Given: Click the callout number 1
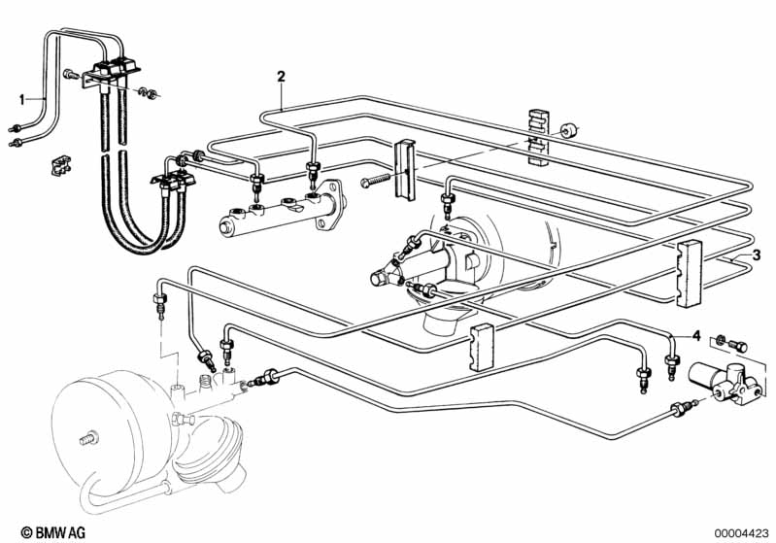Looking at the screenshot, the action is (x=21, y=100).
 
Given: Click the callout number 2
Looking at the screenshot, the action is (x=281, y=77).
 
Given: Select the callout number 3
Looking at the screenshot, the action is (x=756, y=255).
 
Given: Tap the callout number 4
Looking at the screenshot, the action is (x=696, y=336).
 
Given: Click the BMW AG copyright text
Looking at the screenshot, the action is (x=53, y=532).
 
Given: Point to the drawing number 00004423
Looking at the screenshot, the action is (x=741, y=533).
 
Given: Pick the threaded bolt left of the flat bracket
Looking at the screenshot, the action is (x=376, y=179).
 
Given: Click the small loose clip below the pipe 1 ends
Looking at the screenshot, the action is (x=60, y=165).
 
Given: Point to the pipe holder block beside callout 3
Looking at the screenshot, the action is (x=689, y=273).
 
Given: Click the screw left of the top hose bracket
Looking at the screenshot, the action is (x=71, y=75).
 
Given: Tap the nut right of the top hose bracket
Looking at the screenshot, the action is (x=149, y=92).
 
